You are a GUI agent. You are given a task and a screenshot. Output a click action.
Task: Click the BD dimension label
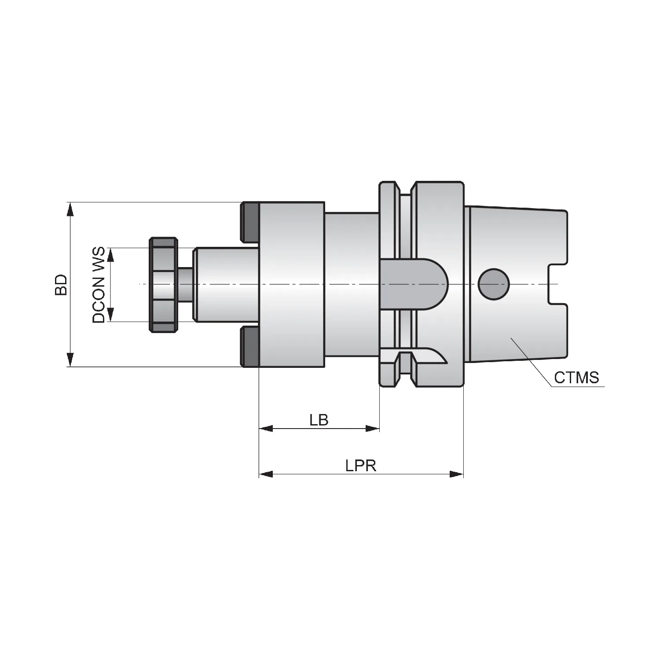click(61, 285)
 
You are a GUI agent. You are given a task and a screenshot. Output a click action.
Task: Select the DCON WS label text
click(99, 285)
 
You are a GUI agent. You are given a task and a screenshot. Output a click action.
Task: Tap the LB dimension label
click(319, 420)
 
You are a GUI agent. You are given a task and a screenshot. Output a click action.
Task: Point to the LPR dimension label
click(361, 466)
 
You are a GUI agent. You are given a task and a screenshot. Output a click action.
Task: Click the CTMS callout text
click(576, 378)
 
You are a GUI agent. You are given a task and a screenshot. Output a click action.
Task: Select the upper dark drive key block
click(250, 222)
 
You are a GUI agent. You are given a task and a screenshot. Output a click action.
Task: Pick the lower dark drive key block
click(250, 347)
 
